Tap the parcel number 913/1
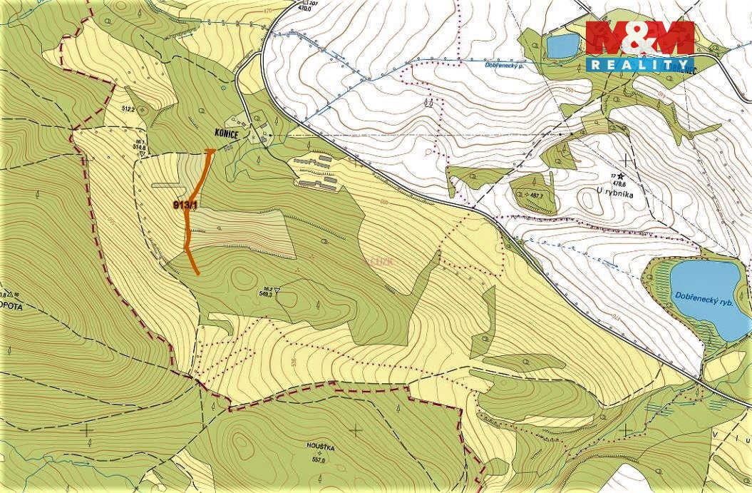click(185, 205)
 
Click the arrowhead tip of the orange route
click(210, 151)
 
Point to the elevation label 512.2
click(128, 109)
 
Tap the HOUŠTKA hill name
click(321, 447)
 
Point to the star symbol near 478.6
click(621, 175)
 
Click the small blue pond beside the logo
click(562, 46)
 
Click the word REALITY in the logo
click(639, 64)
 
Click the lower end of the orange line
click(197, 273)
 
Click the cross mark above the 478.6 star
click(627, 159)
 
